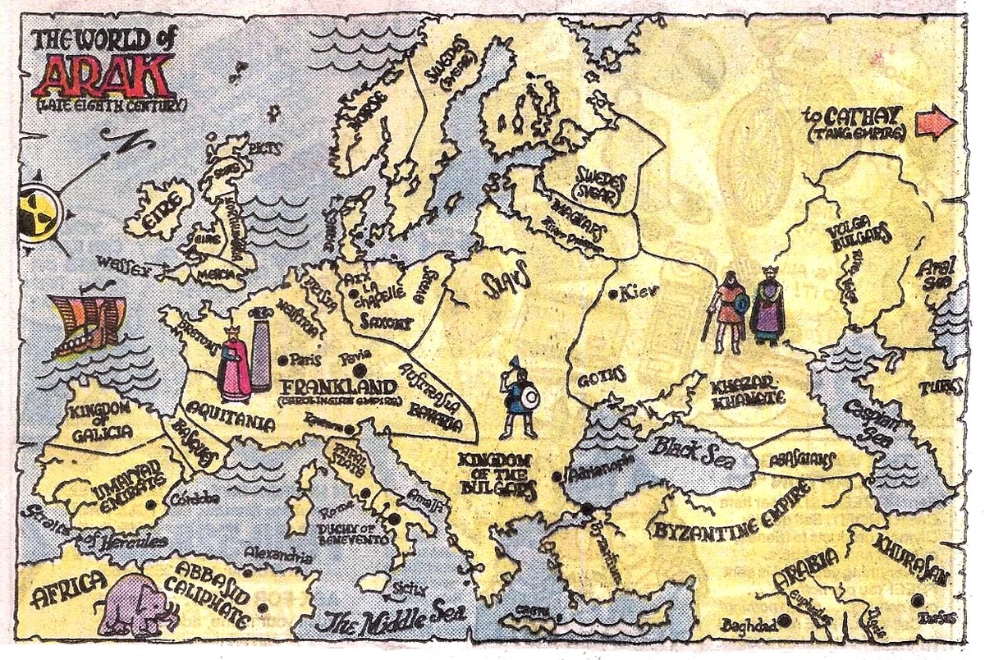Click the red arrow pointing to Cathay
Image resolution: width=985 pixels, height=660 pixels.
click(936, 123)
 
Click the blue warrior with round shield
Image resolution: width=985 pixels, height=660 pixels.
click(520, 400)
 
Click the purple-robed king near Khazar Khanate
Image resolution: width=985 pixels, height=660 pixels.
click(768, 306)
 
